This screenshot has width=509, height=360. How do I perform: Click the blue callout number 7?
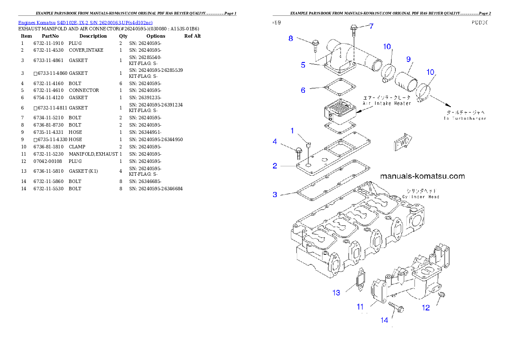click(x=371, y=26)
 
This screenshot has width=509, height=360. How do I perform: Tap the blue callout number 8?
click(x=291, y=38)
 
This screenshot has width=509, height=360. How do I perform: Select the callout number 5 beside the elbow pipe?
click(x=303, y=65)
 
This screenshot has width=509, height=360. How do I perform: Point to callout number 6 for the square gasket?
click(x=303, y=90)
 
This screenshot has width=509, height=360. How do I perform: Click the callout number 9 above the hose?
click(x=408, y=59)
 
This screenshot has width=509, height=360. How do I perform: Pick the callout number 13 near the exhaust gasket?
click(x=336, y=293)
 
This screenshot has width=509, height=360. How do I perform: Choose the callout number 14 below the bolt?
click(x=385, y=320)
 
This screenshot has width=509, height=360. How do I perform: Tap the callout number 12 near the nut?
click(x=426, y=307)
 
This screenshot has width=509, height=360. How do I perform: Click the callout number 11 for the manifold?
click(x=360, y=307)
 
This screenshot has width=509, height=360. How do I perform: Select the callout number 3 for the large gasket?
click(x=275, y=195)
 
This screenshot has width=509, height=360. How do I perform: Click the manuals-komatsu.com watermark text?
click(x=422, y=176)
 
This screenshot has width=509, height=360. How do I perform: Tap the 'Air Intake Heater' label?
click(x=387, y=103)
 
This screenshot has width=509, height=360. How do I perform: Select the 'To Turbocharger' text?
click(x=465, y=118)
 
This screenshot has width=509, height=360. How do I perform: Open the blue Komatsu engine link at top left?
click(x=85, y=22)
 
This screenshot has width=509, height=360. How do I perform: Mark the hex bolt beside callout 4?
click(x=299, y=150)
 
